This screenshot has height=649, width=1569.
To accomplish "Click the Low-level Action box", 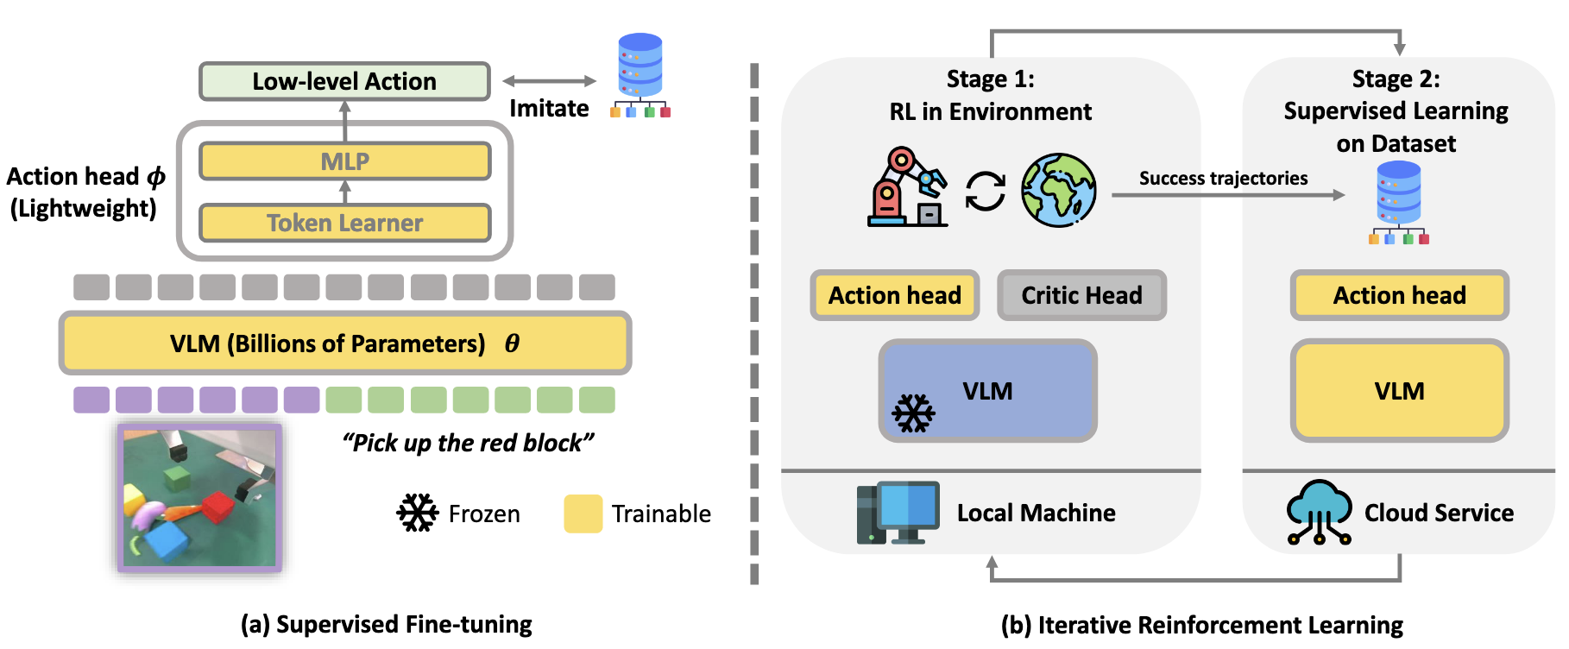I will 344,81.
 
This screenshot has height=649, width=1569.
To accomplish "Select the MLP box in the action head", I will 344,161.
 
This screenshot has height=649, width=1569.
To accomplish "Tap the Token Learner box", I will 344,223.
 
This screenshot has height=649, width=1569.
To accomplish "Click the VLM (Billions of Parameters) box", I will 344,343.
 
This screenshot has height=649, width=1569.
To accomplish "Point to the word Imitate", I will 549,108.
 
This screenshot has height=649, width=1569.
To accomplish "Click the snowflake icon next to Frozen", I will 417,514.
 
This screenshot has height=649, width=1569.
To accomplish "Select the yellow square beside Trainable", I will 583,514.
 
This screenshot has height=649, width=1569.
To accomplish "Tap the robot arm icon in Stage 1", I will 905,188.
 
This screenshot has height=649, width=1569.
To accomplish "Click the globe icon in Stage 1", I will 1059,190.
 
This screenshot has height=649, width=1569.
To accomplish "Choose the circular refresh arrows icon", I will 985,191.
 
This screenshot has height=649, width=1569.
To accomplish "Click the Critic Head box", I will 1081,295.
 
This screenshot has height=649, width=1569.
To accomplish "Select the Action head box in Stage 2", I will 1399,295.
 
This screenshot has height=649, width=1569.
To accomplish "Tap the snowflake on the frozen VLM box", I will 913,413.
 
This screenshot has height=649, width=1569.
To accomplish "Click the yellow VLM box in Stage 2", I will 1399,391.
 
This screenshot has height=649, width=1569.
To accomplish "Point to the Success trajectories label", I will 1223,178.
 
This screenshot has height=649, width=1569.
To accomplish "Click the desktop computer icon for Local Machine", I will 898,513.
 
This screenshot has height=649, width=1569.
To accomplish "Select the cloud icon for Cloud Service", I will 1318,512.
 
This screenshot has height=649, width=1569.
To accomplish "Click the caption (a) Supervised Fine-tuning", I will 386,624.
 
